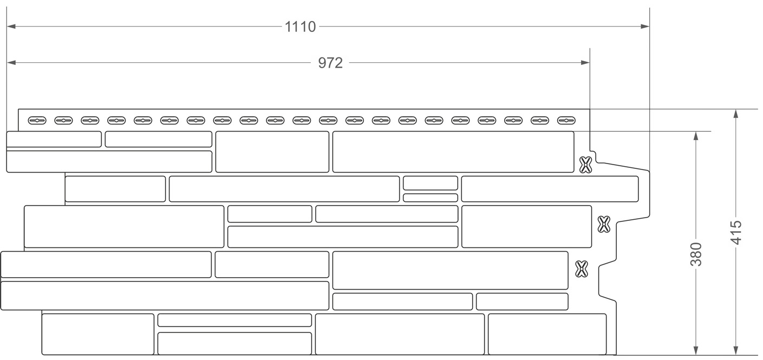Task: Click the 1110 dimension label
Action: tap(300, 27)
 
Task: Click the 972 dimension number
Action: tap(330, 63)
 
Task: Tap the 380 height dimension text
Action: tap(696, 254)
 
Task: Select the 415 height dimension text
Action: tap(736, 233)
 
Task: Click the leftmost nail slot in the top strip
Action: tap(37, 121)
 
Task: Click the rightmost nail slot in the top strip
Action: tap(566, 121)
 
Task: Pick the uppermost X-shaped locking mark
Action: tap(585, 165)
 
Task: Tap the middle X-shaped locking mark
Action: tap(604, 225)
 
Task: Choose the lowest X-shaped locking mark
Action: tap(582, 269)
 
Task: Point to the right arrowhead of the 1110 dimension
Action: tap(645, 27)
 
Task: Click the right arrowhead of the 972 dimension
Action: tap(585, 63)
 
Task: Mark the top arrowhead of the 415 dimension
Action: tap(736, 114)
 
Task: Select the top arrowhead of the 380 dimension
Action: tap(696, 136)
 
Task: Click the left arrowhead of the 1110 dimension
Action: tap(11, 27)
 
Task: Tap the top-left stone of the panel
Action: tap(54, 139)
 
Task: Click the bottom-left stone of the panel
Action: tap(98, 334)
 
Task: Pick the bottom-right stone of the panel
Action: tap(547, 334)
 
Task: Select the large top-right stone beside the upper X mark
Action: tap(453, 152)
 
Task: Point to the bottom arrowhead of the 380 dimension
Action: tap(696, 350)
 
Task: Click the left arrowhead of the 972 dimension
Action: tap(11, 63)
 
